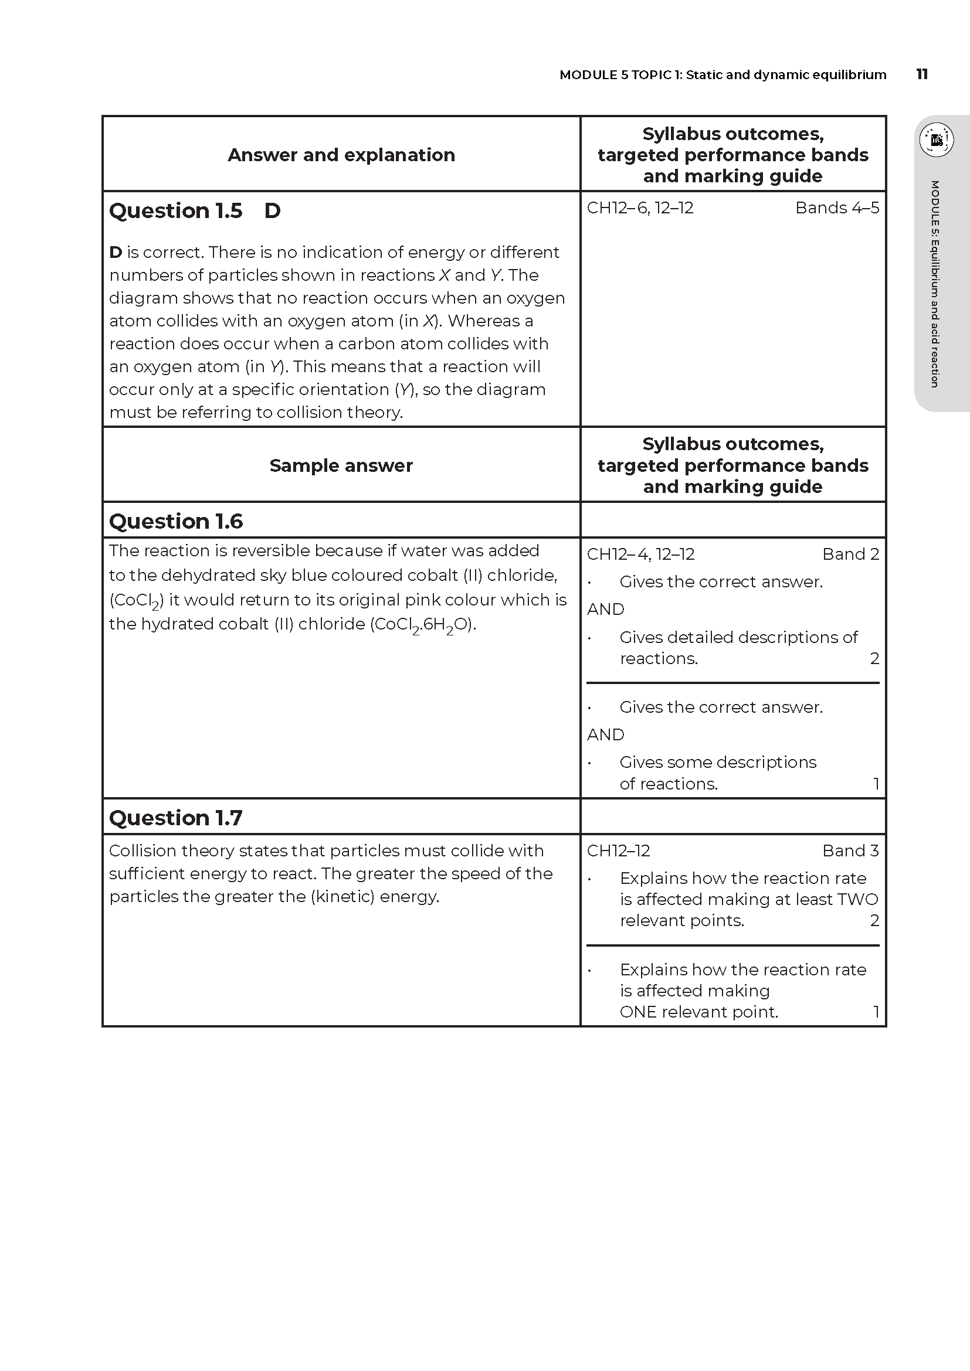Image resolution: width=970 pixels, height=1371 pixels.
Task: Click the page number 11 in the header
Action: pos(922,74)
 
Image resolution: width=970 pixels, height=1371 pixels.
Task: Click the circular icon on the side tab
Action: pos(936,140)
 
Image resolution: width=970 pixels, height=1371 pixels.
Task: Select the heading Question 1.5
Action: pos(175,211)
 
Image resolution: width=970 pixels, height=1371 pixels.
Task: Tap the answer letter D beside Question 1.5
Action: pos(272,211)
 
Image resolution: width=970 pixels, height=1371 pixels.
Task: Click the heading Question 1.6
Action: pos(175,521)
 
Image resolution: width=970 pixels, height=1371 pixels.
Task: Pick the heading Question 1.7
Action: pos(175,818)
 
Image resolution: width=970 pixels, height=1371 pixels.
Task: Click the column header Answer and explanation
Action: pos(341,155)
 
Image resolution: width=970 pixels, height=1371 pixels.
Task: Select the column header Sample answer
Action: pos(341,466)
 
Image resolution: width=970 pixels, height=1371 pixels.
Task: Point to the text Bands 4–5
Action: pos(837,208)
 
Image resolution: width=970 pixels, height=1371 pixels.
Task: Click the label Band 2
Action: pos(850,554)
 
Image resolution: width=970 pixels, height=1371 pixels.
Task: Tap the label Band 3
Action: pos(850,851)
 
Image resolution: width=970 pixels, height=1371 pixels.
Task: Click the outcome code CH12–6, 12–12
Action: pos(640,208)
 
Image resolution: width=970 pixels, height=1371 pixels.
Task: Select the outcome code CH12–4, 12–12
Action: pos(640,554)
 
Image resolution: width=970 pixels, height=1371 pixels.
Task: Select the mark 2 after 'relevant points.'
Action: pos(874,920)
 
